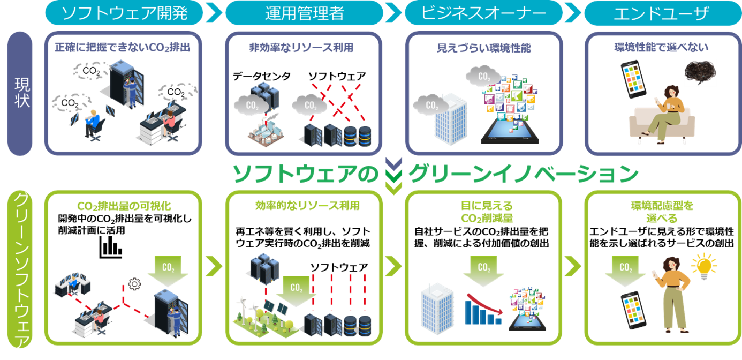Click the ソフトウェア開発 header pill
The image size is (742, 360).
pos(124,13)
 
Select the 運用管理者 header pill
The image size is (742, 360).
pos(304,13)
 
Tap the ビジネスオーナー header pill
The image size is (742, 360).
pos(483,13)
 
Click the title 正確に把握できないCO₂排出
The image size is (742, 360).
pos(123,47)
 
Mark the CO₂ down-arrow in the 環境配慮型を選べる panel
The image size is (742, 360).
pos(624,271)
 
